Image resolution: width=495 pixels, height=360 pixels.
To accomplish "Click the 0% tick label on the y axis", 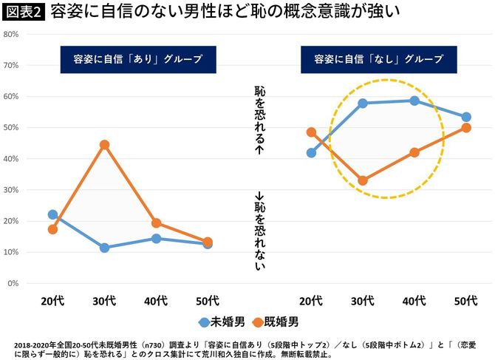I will point(13,284).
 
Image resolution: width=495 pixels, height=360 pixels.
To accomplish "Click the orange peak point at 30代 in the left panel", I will point(104,144).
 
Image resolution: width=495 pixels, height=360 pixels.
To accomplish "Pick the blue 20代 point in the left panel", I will point(52,214).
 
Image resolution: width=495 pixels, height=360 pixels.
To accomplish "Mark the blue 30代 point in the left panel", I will point(104,248).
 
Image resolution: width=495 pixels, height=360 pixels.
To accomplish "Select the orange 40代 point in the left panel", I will point(156,223).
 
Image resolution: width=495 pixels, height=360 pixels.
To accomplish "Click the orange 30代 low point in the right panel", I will point(363,180).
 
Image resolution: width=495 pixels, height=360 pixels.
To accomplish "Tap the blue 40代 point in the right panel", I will point(414,101).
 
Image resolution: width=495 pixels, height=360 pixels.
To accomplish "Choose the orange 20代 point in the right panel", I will point(311,132).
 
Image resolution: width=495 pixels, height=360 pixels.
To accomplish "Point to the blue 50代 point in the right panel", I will point(466,117).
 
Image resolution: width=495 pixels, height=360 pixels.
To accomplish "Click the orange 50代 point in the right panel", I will point(466,127).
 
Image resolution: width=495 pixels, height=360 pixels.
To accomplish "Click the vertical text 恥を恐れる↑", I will point(259,118).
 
